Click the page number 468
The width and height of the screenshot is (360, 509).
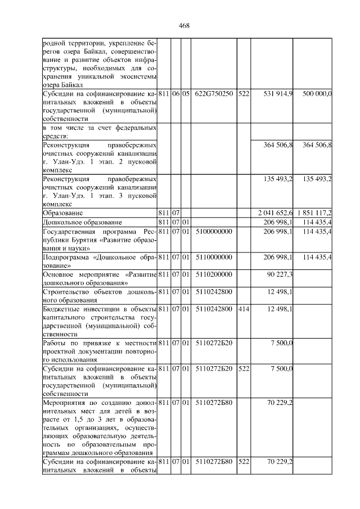[x=183, y=25]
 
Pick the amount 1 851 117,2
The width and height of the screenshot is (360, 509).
[x=313, y=213]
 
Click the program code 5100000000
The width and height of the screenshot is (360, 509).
[x=214, y=231]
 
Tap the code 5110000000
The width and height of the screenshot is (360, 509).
[x=214, y=257]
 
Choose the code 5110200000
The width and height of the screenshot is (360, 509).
[x=214, y=274]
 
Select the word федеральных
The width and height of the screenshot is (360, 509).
[x=135, y=128]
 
